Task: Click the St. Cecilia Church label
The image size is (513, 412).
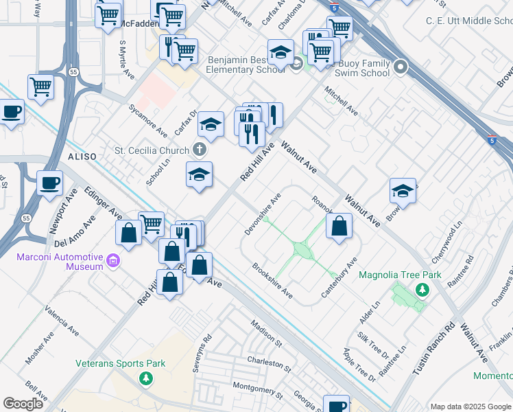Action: point(150,150)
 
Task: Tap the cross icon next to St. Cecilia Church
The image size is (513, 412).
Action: point(200,149)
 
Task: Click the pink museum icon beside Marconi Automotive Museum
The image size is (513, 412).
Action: point(114,261)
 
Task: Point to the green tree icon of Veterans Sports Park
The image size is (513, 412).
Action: point(145,378)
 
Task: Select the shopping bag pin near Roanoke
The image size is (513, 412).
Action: point(339,227)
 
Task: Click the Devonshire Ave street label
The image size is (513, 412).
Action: point(263,214)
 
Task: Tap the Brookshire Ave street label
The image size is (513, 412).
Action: point(272,282)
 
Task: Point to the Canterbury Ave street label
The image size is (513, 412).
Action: point(339,278)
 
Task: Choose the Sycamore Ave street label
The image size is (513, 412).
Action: point(148,120)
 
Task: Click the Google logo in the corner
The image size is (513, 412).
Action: point(23,404)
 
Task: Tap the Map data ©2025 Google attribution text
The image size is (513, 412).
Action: point(470,406)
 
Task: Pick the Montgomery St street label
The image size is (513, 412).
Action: point(257,390)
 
